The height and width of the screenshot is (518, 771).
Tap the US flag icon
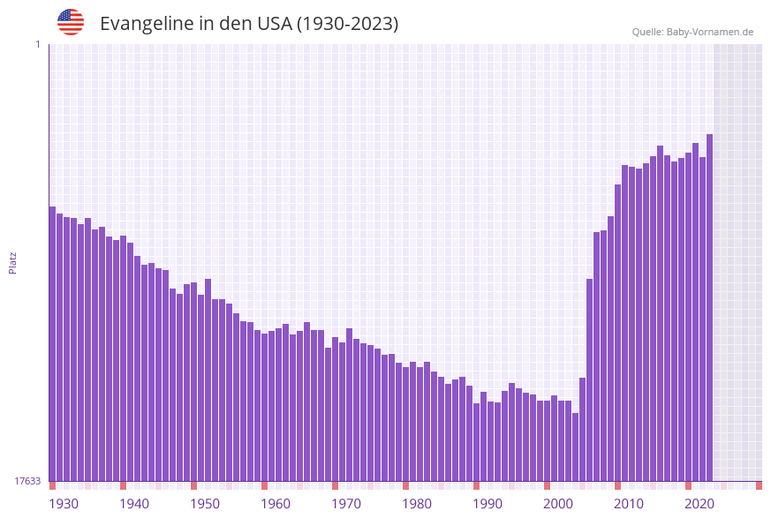click(71, 22)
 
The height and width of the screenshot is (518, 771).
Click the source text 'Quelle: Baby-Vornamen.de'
click(692, 32)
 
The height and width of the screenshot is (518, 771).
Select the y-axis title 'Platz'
click(13, 262)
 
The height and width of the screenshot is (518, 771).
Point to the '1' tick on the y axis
click(37, 44)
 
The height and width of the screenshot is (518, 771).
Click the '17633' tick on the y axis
click(27, 481)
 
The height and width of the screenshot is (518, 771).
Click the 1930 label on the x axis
click(63, 504)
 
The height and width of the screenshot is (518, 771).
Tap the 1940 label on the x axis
click(134, 504)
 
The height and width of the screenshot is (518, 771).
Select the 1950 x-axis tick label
click(205, 504)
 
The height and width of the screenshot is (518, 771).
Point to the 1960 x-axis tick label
click(276, 504)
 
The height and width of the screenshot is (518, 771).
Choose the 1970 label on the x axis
click(346, 504)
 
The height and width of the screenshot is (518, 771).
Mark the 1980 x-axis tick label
click(417, 504)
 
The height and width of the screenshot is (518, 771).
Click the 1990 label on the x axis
click(488, 504)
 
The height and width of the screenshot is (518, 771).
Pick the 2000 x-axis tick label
click(558, 504)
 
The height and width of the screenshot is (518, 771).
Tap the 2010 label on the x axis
click(629, 504)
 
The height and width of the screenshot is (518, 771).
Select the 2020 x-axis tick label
click(699, 504)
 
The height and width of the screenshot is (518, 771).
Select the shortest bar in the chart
click(575, 447)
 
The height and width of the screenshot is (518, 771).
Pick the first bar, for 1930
click(52, 344)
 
